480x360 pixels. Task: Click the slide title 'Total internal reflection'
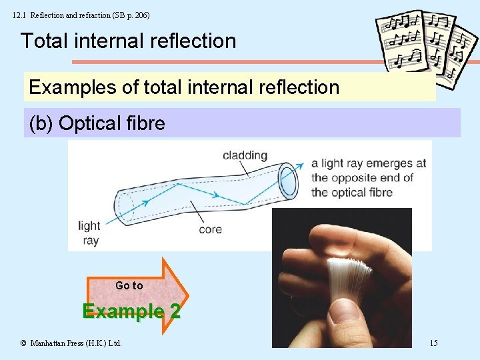click(x=128, y=41)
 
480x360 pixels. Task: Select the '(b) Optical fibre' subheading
click(x=97, y=123)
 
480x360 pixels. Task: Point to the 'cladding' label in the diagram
click(x=245, y=155)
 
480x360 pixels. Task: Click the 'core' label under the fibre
click(x=210, y=230)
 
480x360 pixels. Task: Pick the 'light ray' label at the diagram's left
click(x=89, y=233)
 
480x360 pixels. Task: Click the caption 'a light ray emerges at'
click(x=369, y=163)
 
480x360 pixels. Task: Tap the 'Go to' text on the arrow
click(x=129, y=285)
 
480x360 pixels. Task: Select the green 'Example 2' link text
click(x=131, y=311)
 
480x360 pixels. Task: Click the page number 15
click(x=433, y=343)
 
